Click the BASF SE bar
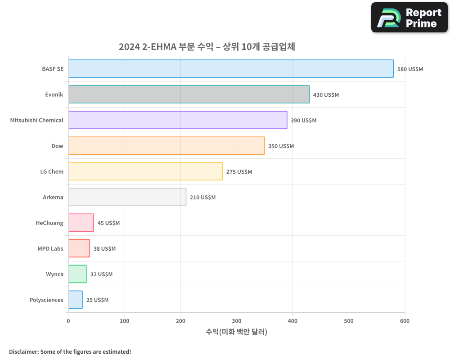pyautogui.click(x=231, y=69)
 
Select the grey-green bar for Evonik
pyautogui.click(x=189, y=94)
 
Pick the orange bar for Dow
pyautogui.click(x=166, y=146)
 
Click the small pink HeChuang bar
pyautogui.click(x=81, y=223)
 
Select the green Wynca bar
pyautogui.click(x=77, y=274)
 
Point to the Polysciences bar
pyautogui.click(x=76, y=300)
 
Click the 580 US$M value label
pyautogui.click(x=410, y=69)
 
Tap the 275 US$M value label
pyautogui.click(x=239, y=172)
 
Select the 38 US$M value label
pyautogui.click(x=104, y=249)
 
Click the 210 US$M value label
pyautogui.click(x=202, y=198)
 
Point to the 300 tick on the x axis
pyautogui.click(x=237, y=321)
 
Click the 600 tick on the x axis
pyautogui.click(x=405, y=321)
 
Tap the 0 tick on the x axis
pyautogui.click(x=68, y=321)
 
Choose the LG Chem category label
pyautogui.click(x=52, y=171)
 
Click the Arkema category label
pyautogui.click(x=53, y=197)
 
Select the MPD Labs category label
pyautogui.click(x=50, y=248)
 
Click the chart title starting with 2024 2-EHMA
pyautogui.click(x=207, y=47)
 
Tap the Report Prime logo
pyautogui.click(x=409, y=18)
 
